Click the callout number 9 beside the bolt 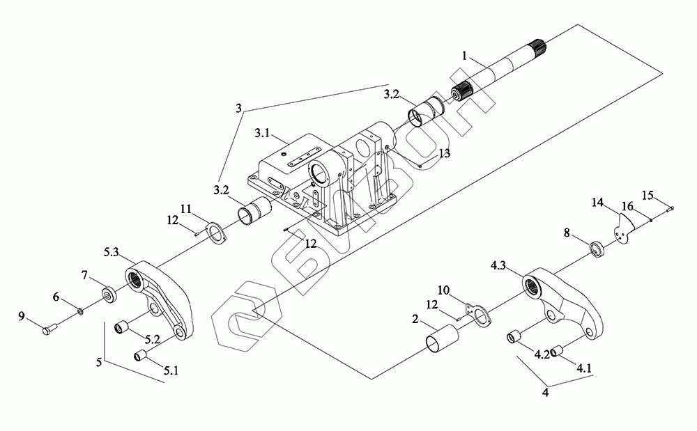(x=22, y=316)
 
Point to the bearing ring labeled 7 (x=109, y=295)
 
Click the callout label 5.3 (x=111, y=253)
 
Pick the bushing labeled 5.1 (x=141, y=356)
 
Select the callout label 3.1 (x=262, y=133)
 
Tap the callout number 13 (x=444, y=154)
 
